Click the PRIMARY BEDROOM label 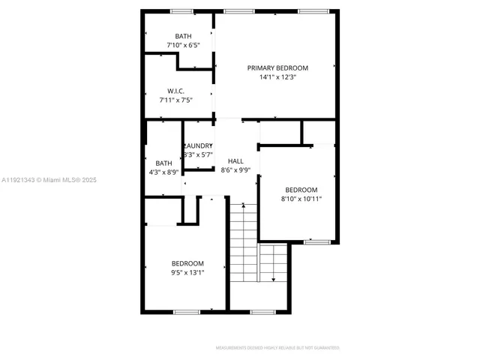[277, 67]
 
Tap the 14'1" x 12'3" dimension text [277, 77]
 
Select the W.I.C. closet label [176, 91]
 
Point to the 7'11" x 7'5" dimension [176, 100]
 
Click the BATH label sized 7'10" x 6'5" [183, 36]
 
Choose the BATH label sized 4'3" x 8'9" [163, 163]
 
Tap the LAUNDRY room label [199, 145]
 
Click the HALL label [235, 160]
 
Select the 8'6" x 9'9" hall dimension [235, 170]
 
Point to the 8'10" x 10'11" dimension [301, 199]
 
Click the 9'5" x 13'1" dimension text [187, 272]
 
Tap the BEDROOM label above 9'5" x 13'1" [187, 263]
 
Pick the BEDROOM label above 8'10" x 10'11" [301, 190]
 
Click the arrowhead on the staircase [273, 279]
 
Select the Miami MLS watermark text [49, 180]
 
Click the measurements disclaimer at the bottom [277, 348]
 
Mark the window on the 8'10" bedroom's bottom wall [316, 241]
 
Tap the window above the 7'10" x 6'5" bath [181, 11]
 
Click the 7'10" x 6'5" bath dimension [183, 45]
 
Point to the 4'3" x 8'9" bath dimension [163, 172]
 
